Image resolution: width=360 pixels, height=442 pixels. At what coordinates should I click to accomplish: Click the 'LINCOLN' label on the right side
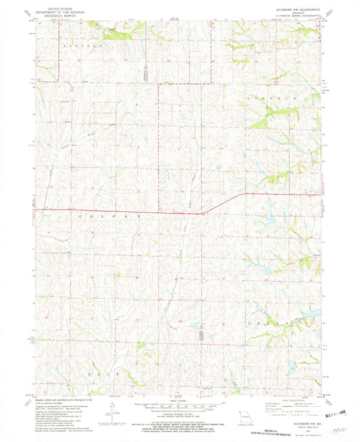282,99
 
